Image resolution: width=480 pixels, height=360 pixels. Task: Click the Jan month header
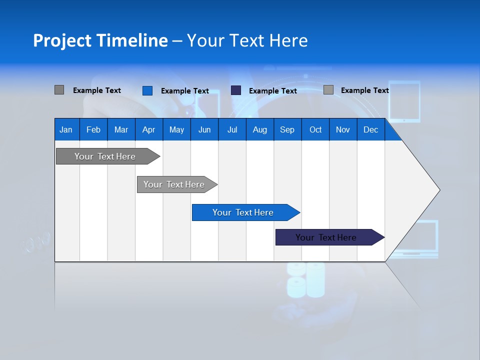[x=66, y=129]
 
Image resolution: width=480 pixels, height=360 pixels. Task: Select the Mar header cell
[x=121, y=129]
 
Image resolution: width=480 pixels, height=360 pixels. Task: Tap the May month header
[x=176, y=129]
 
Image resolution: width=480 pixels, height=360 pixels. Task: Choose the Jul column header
[x=232, y=129]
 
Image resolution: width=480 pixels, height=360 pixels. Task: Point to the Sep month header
[x=287, y=129]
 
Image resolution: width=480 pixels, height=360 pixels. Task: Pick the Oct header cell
[x=315, y=129]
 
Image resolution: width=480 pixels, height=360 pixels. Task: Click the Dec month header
[x=370, y=129]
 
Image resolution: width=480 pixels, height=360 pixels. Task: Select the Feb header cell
[x=93, y=129]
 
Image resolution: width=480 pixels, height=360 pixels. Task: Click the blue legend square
[x=147, y=90]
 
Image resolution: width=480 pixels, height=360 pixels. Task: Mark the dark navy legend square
[x=236, y=90]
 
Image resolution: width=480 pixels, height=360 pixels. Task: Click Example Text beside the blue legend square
[x=185, y=91]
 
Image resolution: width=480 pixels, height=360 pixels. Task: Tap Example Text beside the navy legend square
[x=273, y=91]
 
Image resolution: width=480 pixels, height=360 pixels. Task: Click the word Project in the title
[x=62, y=40]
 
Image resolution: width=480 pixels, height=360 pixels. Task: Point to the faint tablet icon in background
[x=404, y=101]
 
